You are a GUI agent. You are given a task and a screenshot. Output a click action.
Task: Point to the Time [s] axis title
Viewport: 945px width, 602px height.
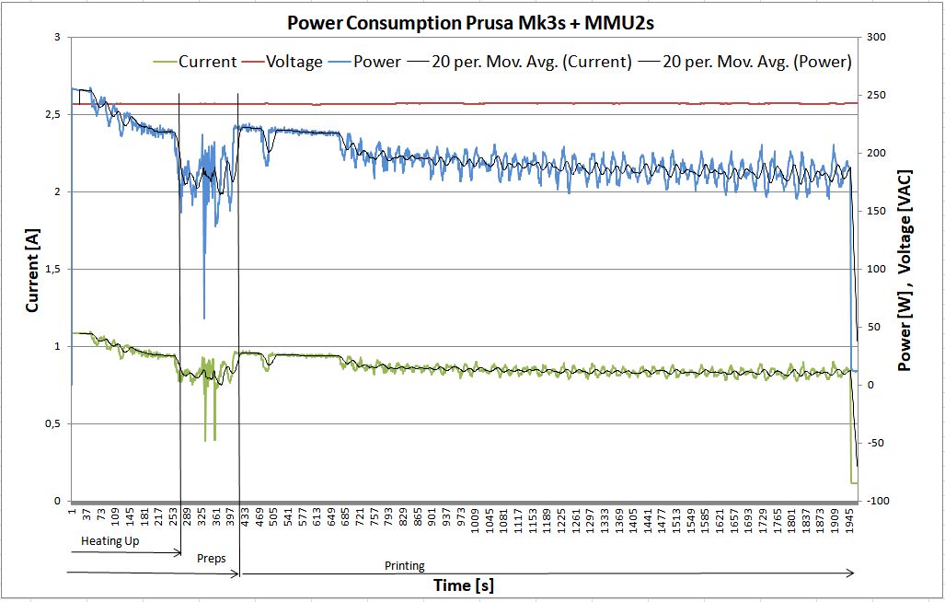click(464, 585)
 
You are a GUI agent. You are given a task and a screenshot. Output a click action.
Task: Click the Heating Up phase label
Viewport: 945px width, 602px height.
click(110, 540)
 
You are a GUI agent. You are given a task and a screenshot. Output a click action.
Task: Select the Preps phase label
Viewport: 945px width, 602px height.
click(213, 559)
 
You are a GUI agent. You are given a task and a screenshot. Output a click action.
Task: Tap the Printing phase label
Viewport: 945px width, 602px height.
click(405, 566)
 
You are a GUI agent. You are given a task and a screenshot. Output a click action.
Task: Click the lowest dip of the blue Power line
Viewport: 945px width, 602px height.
click(204, 318)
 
